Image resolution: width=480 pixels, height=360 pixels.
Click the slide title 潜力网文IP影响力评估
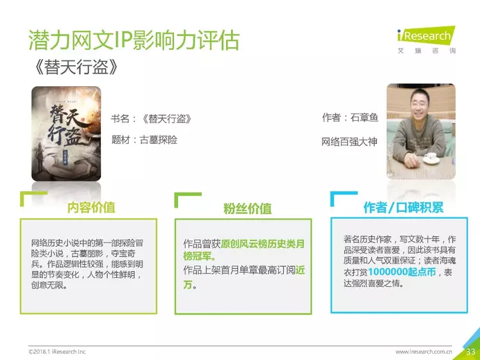[x=134, y=40]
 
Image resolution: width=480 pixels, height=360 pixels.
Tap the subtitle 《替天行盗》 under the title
[x=77, y=67]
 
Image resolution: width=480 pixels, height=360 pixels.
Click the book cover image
[x=66, y=133]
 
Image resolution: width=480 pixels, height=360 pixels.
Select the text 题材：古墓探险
[x=144, y=140]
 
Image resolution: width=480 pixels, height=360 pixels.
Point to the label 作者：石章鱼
[x=350, y=117]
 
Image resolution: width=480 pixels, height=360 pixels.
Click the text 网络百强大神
[x=349, y=142]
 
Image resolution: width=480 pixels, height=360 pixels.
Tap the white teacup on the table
[x=431, y=158]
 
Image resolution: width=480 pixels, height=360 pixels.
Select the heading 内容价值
[x=91, y=207]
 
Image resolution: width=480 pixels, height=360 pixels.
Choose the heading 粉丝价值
[x=248, y=208]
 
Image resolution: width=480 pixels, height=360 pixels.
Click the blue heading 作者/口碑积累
[x=403, y=207]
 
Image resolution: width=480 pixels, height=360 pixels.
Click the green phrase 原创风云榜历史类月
[x=263, y=244]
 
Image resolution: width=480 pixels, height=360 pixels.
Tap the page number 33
[x=470, y=352]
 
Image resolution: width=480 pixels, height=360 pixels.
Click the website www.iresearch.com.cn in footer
[x=424, y=352]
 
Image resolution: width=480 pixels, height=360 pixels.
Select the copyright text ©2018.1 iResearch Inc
[x=57, y=352]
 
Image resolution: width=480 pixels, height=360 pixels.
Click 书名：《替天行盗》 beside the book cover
[x=151, y=119]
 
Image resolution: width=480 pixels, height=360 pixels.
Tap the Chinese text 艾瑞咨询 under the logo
[x=426, y=51]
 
